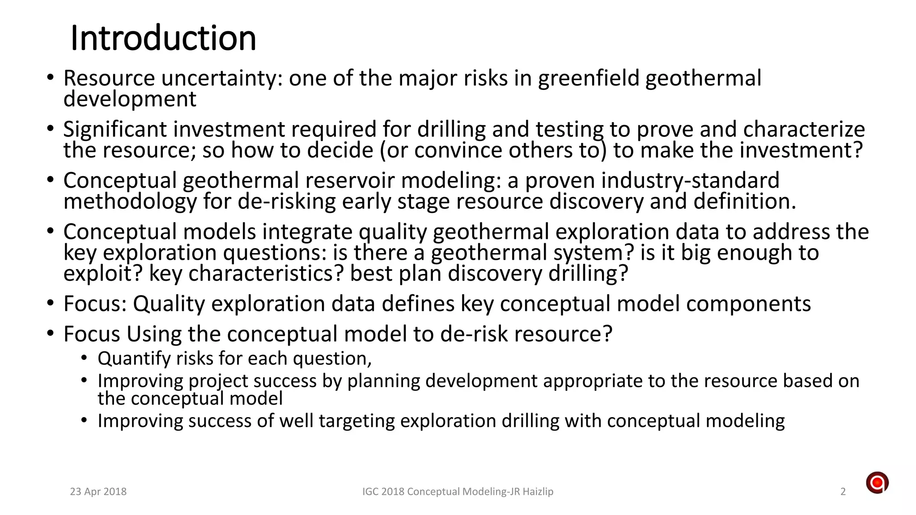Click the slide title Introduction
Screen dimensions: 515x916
click(163, 38)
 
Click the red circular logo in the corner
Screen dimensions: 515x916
click(877, 483)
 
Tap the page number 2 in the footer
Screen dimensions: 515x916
click(843, 492)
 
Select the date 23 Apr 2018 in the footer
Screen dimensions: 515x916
click(98, 492)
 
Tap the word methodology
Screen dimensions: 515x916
click(130, 202)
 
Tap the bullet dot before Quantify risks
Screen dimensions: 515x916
click(85, 359)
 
